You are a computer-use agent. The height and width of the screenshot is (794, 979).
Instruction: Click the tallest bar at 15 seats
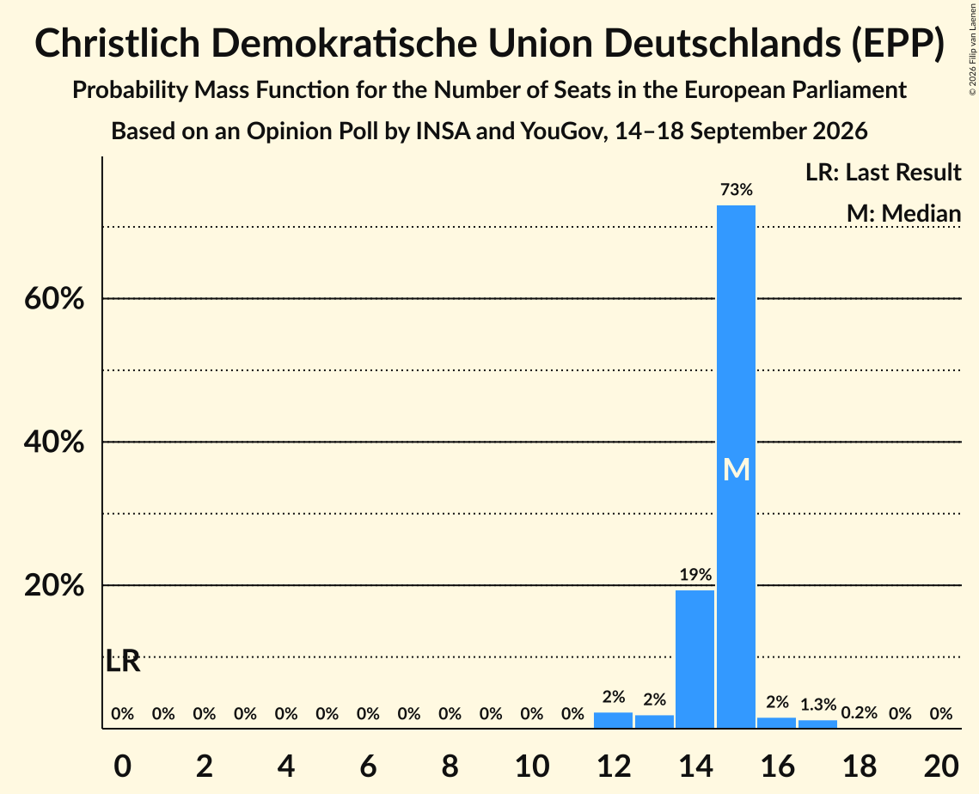tap(736, 467)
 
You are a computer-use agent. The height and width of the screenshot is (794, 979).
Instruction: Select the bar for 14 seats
tap(694, 659)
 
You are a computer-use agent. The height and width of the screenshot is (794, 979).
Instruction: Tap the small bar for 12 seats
tap(613, 720)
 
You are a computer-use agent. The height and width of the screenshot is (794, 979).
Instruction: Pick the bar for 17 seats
tap(818, 724)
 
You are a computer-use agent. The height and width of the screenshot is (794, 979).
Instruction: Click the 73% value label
tap(737, 189)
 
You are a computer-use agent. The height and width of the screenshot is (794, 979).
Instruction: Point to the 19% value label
tap(695, 574)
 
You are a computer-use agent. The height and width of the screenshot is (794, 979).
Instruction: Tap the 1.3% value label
tap(818, 704)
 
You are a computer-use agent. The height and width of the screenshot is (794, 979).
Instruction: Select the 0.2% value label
tap(860, 713)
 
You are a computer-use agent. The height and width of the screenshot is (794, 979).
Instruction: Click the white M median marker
tap(736, 469)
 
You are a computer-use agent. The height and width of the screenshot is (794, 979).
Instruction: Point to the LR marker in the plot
tap(123, 661)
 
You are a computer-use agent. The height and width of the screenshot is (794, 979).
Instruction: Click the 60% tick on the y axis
tap(54, 298)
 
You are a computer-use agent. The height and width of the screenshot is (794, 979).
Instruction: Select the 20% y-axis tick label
tap(54, 585)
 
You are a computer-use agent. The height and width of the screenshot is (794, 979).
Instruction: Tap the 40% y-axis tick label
tap(54, 442)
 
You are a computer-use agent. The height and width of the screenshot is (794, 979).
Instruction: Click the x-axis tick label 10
tap(532, 766)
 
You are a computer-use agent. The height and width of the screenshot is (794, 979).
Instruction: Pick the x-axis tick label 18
tap(860, 766)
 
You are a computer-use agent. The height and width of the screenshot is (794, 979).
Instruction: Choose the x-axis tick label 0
tap(122, 766)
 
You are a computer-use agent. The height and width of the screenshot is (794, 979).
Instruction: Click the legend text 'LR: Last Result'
tap(883, 172)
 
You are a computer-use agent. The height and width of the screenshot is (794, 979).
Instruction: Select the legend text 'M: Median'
tap(903, 213)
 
